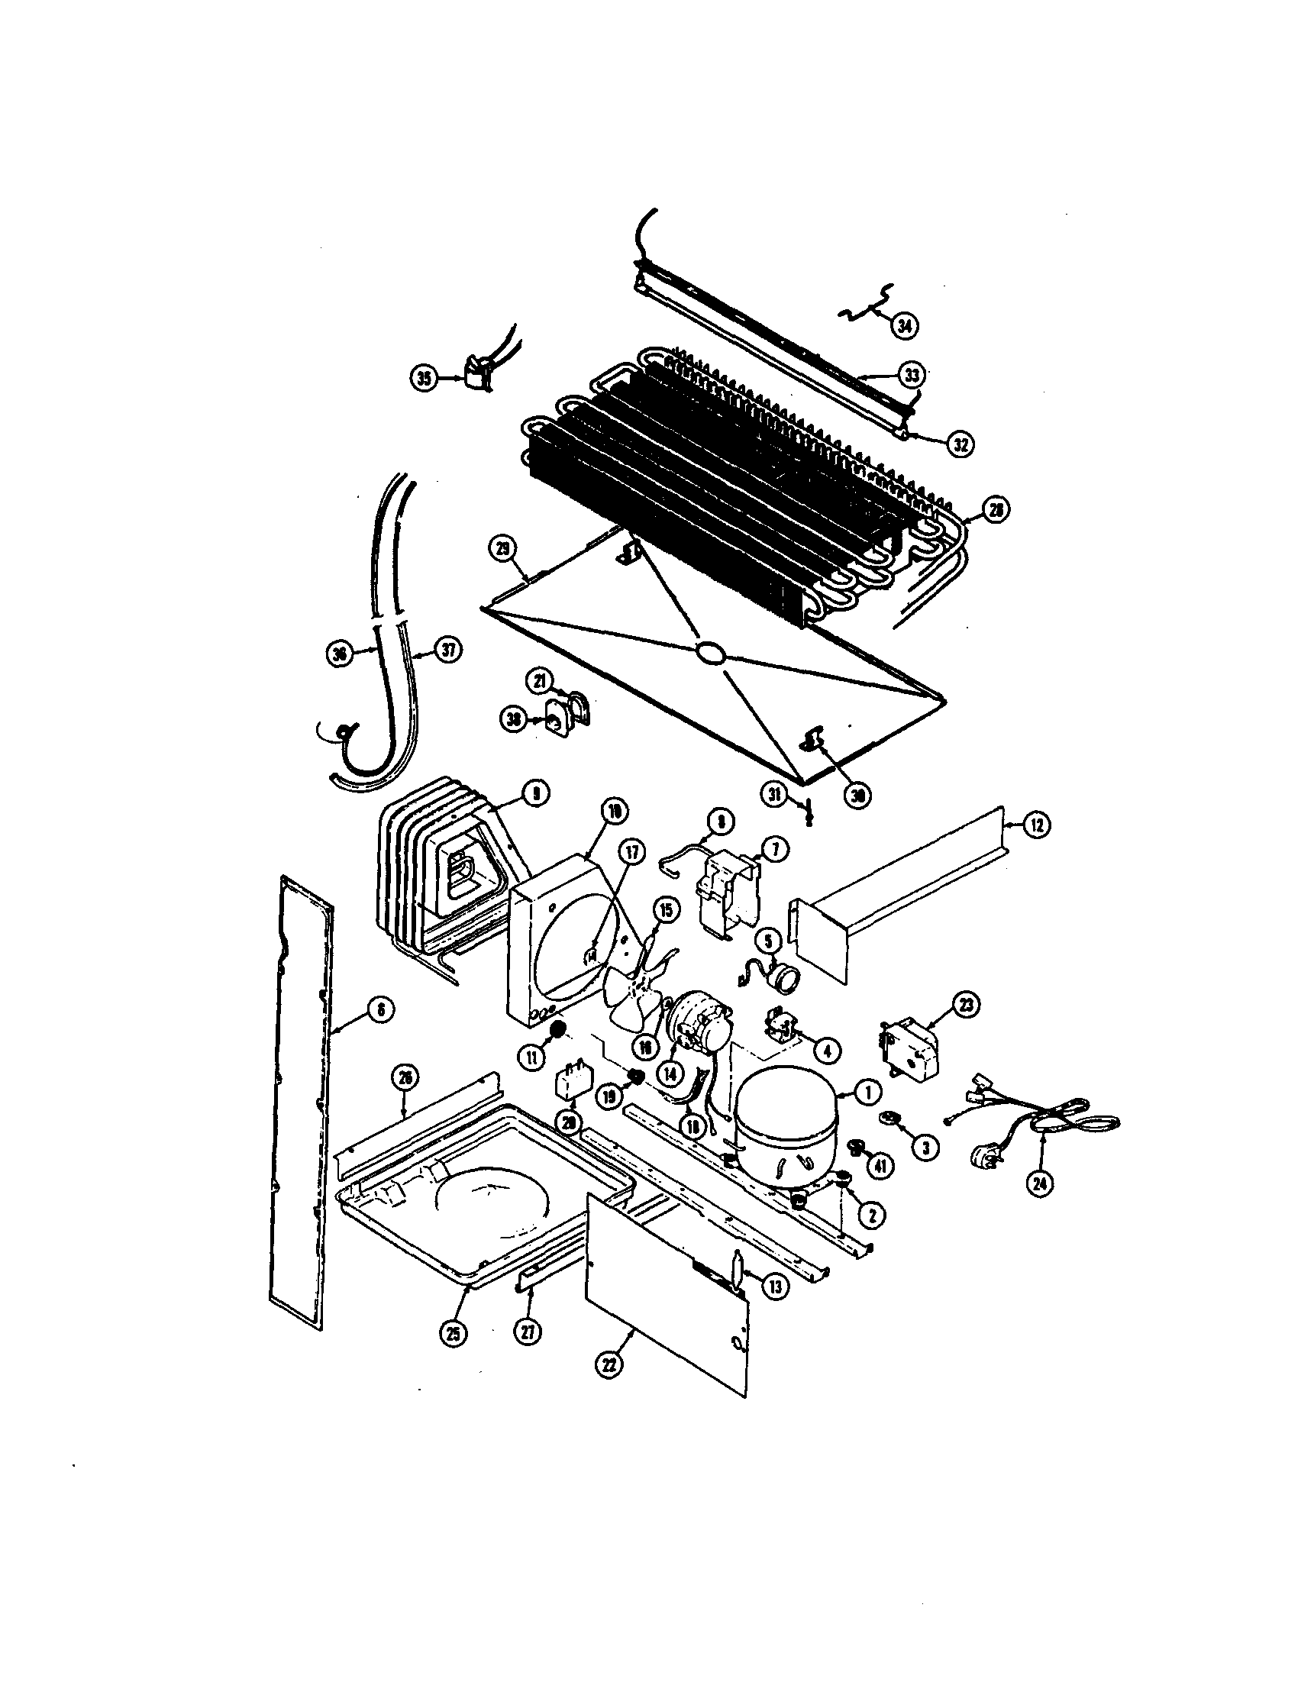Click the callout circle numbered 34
point(903,325)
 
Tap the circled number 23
point(967,1006)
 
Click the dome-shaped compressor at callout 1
point(786,1137)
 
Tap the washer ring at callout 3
point(888,1118)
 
